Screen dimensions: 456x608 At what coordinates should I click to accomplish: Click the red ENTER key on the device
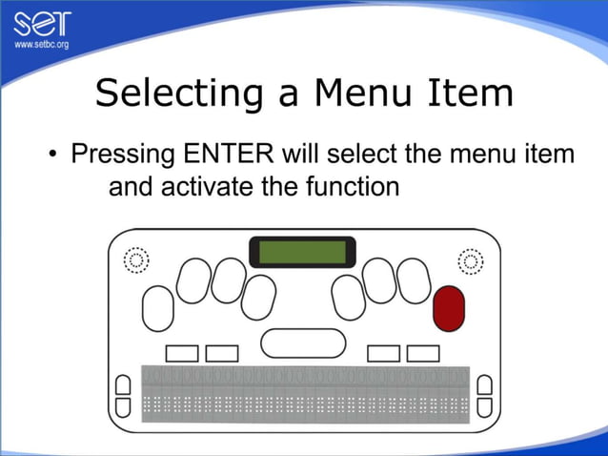(x=448, y=307)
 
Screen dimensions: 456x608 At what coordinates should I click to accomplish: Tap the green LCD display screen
(x=302, y=252)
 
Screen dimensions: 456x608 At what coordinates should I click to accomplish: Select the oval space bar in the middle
(x=303, y=342)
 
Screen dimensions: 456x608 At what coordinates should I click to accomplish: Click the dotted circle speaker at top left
(x=136, y=259)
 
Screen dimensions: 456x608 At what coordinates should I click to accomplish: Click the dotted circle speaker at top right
(x=470, y=259)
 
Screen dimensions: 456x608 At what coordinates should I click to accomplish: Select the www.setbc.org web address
(x=40, y=45)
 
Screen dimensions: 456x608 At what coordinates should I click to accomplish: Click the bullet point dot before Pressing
(x=53, y=155)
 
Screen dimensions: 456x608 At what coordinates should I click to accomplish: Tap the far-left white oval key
(x=157, y=306)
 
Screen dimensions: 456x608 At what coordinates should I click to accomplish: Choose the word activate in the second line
(x=209, y=187)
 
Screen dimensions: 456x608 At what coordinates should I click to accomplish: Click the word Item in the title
(x=471, y=93)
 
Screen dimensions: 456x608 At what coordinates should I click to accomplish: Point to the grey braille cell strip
(x=305, y=393)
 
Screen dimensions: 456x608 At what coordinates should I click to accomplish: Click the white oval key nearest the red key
(x=414, y=281)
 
